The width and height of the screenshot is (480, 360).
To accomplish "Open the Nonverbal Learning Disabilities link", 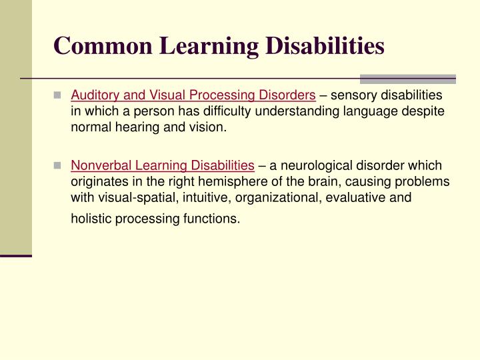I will tap(163, 165).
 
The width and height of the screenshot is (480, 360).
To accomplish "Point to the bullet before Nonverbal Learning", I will tap(59, 165).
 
